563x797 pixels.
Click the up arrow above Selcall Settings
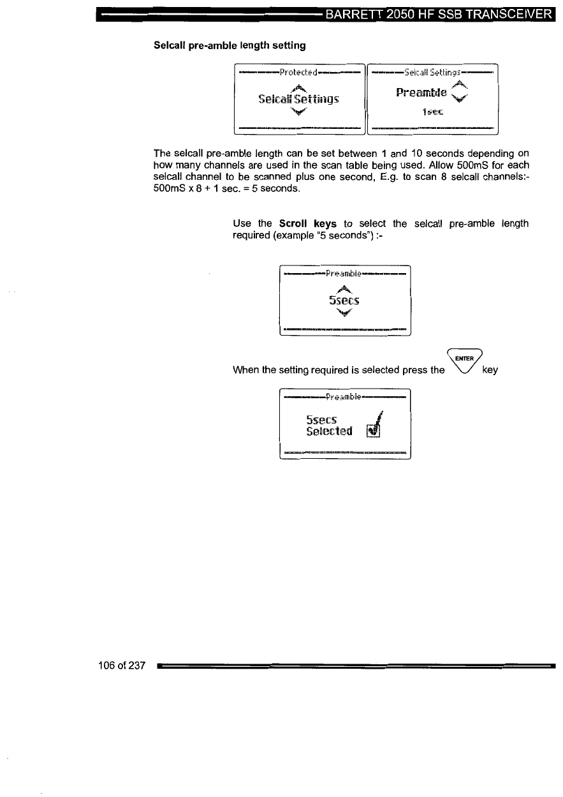(298, 87)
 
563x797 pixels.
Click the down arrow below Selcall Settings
(298, 112)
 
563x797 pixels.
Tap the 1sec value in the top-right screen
(433, 112)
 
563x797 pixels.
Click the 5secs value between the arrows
(344, 300)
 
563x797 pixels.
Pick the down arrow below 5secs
(344, 313)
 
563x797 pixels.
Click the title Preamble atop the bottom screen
(344, 397)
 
